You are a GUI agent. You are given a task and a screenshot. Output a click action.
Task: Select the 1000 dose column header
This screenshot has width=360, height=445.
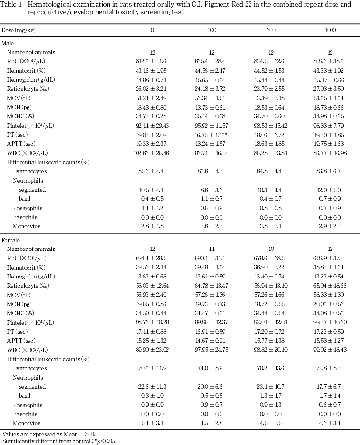(330, 30)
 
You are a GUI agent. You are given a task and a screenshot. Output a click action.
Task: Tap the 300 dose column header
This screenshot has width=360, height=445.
(271, 30)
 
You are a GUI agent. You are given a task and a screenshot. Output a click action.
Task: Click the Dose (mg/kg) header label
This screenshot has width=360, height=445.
(19, 30)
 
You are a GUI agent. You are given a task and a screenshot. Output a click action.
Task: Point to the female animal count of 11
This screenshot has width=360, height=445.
(212, 249)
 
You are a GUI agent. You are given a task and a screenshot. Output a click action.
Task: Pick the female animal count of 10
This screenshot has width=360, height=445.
(271, 249)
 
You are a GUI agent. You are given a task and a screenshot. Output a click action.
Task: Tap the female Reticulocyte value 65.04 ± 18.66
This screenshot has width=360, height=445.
(330, 286)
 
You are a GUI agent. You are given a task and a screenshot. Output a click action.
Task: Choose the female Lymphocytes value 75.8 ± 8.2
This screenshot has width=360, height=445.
(330, 368)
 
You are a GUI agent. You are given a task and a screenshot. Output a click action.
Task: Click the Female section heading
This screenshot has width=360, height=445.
(11, 240)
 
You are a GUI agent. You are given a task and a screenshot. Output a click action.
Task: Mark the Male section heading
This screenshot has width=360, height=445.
(8, 43)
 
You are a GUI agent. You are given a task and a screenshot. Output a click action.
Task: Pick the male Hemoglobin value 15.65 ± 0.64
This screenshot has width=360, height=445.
(212, 79)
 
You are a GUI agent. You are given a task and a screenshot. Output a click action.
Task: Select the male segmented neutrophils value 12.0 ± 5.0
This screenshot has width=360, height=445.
(330, 190)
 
